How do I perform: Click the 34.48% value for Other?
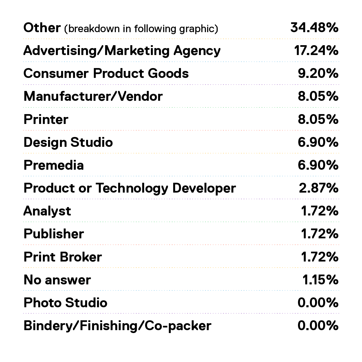click(315, 28)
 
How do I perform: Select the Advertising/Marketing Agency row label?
click(122, 51)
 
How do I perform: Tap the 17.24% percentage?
click(316, 50)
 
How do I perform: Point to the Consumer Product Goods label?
click(106, 73)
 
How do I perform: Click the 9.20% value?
click(318, 73)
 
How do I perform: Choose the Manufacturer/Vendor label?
click(93, 96)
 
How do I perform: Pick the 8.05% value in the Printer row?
click(318, 119)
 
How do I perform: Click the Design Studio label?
click(68, 142)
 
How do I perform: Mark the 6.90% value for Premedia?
click(318, 165)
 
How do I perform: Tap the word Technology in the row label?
click(132, 188)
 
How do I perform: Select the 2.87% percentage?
click(319, 188)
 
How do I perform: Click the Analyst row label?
click(47, 211)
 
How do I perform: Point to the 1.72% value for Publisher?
click(320, 234)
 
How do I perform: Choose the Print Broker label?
click(63, 257)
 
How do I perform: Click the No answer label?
click(57, 280)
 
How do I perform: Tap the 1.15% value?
click(320, 280)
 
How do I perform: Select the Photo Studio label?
click(65, 303)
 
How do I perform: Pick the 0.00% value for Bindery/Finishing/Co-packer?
click(318, 326)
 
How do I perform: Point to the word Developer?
click(204, 188)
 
